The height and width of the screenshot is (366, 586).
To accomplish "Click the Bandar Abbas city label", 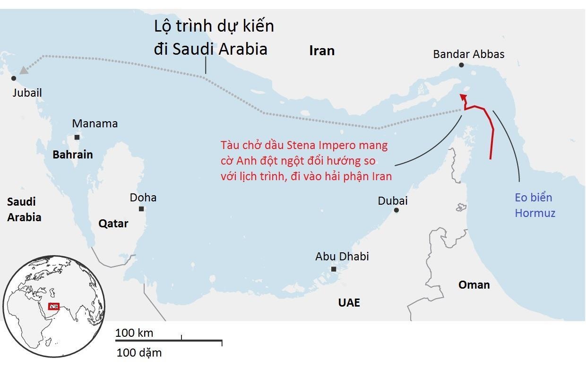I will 468,54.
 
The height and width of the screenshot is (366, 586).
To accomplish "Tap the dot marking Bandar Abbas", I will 461,65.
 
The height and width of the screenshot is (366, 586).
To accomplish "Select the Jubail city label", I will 27,93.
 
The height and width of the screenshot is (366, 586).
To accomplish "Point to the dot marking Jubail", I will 14,78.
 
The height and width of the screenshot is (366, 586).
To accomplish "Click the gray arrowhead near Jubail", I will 23,70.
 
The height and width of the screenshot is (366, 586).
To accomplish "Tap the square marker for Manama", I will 77,137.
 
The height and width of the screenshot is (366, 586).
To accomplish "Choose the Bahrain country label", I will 73,154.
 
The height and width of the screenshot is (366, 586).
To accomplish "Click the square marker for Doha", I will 141,209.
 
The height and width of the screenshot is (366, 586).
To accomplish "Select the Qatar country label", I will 113,224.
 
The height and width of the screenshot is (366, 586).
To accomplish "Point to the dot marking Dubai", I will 396,210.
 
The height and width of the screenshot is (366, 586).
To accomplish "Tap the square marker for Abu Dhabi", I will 334,269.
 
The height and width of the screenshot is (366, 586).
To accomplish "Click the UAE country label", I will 349,303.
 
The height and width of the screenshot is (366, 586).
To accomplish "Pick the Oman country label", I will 474,285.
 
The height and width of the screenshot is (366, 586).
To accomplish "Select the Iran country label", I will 322,50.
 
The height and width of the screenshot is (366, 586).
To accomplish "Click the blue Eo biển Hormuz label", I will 534,206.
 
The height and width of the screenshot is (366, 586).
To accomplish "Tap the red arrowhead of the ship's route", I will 464,97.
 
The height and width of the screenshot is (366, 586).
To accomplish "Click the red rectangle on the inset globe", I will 54,307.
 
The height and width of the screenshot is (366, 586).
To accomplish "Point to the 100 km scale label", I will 134,333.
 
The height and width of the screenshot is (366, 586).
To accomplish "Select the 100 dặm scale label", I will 139,352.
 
